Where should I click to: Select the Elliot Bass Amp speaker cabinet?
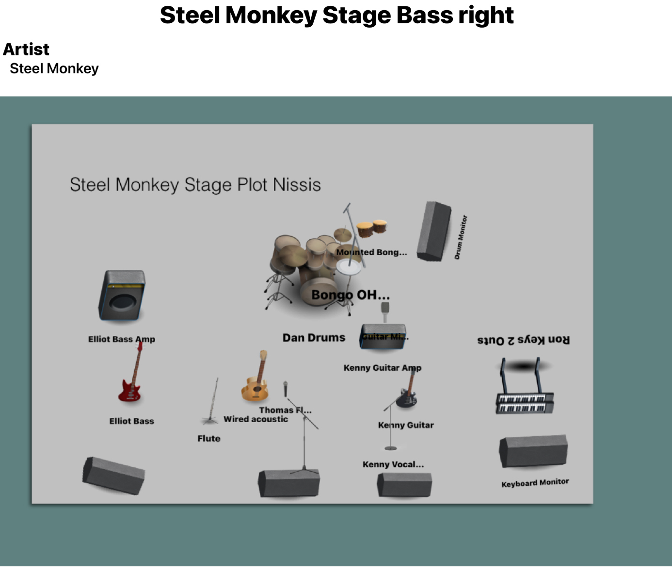(122, 296)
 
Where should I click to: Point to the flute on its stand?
(211, 403)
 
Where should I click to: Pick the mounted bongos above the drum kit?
(371, 227)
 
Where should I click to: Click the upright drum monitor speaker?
(433, 231)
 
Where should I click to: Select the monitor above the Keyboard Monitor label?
(533, 451)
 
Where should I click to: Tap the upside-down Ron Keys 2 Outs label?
(524, 340)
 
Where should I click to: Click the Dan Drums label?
(314, 338)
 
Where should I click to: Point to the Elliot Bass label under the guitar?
(131, 421)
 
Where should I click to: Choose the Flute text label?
(208, 439)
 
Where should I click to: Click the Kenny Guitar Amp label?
(382, 368)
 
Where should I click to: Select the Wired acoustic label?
(256, 419)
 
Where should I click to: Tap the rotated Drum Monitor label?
(461, 237)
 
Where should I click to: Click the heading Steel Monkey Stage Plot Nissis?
(195, 185)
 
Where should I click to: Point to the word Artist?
(26, 49)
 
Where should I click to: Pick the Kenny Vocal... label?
(393, 464)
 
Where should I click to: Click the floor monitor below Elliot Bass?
(114, 475)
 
